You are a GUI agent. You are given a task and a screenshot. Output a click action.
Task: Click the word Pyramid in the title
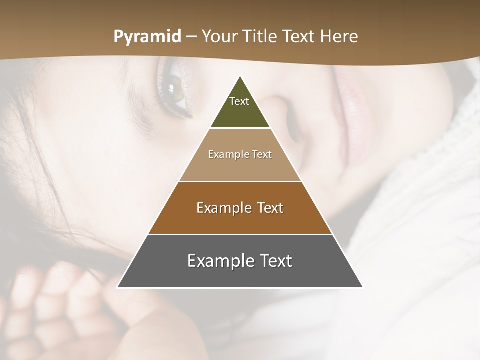[147, 37]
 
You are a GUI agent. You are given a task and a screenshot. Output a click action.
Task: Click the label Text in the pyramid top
[239, 101]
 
